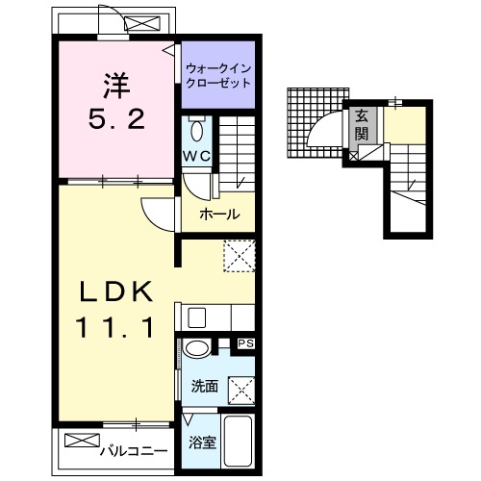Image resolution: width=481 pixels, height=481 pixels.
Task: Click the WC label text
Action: (196, 156)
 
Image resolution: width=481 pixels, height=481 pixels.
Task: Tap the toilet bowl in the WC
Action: (196, 130)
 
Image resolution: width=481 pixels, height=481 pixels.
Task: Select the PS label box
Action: (246, 343)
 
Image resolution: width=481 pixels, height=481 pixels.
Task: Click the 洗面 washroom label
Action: (205, 386)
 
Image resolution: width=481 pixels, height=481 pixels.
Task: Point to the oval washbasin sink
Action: (196, 348)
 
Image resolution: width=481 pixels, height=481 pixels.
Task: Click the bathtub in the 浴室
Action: (238, 442)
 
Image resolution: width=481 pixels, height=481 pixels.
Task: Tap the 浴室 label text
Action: (202, 443)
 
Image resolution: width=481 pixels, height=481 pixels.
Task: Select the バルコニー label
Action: (134, 451)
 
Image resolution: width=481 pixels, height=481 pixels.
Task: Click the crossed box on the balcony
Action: (82, 440)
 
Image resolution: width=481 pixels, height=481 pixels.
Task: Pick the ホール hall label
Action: (219, 214)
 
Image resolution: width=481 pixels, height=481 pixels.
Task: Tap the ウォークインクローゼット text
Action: (218, 76)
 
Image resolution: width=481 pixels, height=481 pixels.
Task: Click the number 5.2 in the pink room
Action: (116, 119)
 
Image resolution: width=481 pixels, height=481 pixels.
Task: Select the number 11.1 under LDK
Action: (114, 327)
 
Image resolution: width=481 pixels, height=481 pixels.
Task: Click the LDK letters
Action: (115, 291)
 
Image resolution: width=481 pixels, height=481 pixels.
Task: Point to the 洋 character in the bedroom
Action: (116, 86)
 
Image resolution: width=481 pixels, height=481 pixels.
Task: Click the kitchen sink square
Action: (196, 317)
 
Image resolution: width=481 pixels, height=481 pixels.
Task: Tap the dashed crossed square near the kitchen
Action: (240, 256)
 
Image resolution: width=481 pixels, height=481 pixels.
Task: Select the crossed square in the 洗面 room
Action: (241, 392)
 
